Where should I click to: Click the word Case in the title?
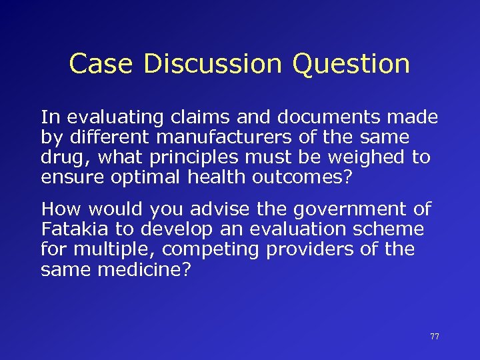[96, 64]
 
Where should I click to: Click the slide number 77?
[435, 337]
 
